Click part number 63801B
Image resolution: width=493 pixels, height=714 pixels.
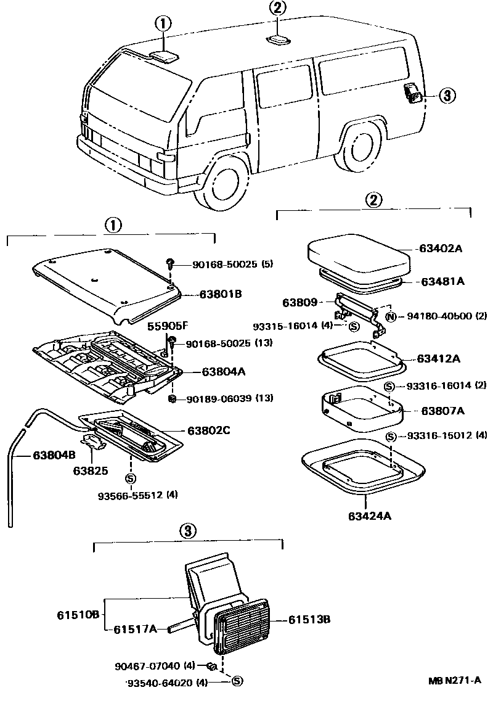coord(220,294)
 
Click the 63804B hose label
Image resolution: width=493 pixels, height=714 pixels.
coord(38,456)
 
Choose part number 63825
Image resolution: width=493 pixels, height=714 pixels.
coord(91,470)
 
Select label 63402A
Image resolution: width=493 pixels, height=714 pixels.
coord(441,249)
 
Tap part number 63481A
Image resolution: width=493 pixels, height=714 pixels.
coord(442,281)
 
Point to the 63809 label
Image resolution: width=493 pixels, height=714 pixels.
coord(299,303)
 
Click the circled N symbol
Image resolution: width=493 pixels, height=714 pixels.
coord(390,317)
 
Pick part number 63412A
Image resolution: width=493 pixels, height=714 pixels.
coord(439,358)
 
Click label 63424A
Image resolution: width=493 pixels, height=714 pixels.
coord(370,517)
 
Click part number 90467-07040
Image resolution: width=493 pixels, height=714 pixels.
coord(147,666)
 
